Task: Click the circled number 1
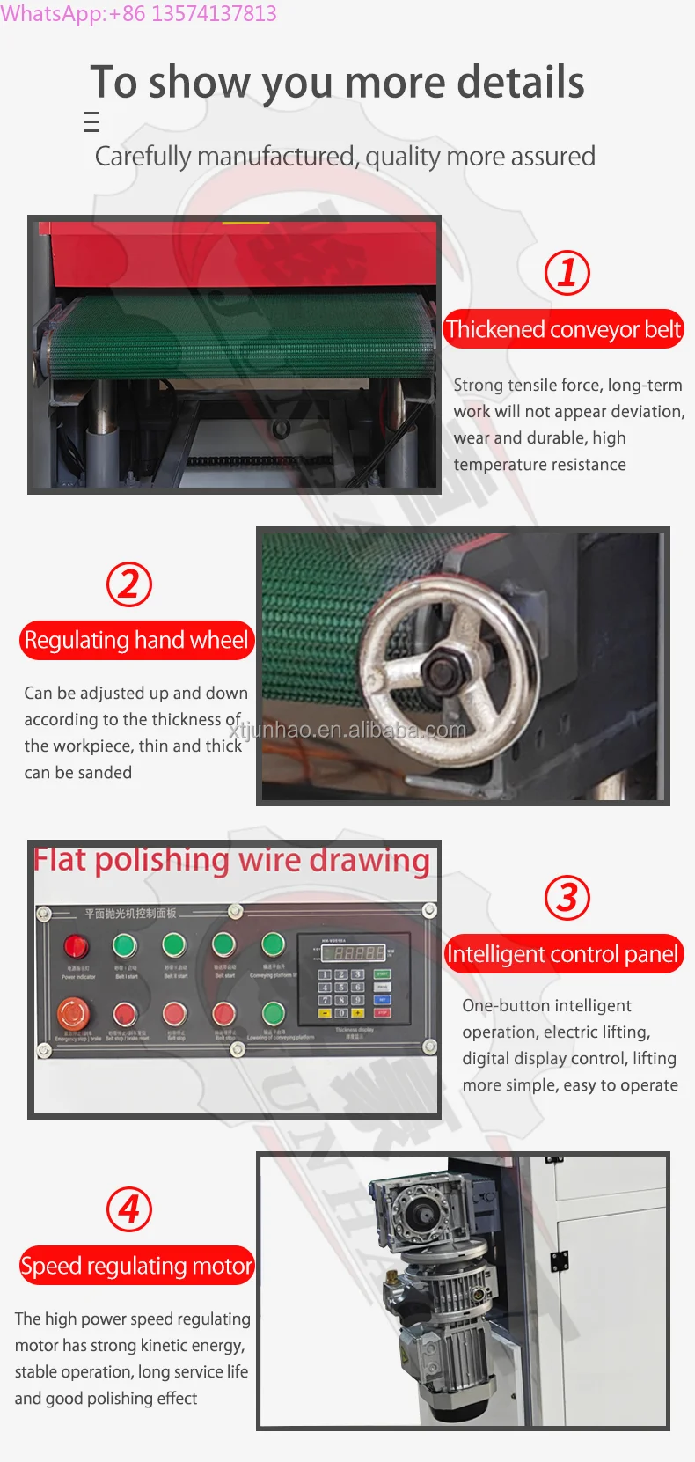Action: (x=567, y=273)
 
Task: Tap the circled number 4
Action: (x=129, y=1209)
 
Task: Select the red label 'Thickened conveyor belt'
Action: (x=563, y=329)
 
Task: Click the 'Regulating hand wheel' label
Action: (x=136, y=640)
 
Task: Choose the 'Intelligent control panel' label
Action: (x=563, y=954)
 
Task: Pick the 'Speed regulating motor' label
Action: (x=136, y=1266)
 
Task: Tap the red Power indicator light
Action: (x=77, y=947)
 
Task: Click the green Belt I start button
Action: (x=126, y=946)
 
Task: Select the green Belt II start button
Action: (x=175, y=946)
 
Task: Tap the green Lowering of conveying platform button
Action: (x=274, y=1013)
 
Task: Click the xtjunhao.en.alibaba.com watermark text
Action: (x=347, y=730)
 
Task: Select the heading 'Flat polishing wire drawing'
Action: (x=231, y=860)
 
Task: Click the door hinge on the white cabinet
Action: (x=559, y=1260)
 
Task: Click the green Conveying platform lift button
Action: (x=274, y=946)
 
